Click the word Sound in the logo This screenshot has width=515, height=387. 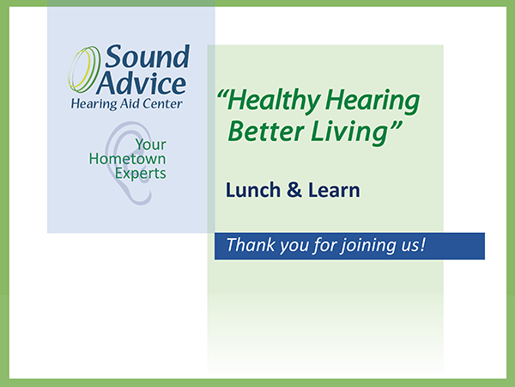click(147, 57)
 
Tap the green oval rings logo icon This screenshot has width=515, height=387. click(84, 70)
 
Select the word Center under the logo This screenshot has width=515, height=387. click(162, 104)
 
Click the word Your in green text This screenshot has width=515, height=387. click(151, 144)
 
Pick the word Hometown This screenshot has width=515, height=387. click(127, 159)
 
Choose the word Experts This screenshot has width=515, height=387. click(141, 174)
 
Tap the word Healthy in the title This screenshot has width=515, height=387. click(274, 101)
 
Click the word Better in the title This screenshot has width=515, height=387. click(266, 132)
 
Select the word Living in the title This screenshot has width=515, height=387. click(348, 132)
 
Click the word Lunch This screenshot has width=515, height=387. click(253, 190)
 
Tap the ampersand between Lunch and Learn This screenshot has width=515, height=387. click(294, 190)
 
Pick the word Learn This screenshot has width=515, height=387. click(334, 190)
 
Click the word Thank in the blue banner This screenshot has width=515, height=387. click(251, 244)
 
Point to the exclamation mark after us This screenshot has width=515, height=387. click(422, 244)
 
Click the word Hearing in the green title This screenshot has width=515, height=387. click(373, 101)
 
